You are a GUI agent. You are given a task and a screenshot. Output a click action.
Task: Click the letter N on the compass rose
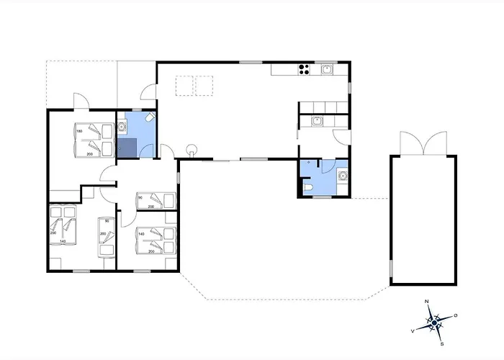427,301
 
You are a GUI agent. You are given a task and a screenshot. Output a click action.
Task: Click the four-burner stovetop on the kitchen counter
304,70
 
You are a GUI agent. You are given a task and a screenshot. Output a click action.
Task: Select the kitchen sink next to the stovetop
327,70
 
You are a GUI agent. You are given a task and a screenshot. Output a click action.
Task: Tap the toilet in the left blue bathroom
148,117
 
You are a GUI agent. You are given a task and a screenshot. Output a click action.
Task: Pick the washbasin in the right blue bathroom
342,173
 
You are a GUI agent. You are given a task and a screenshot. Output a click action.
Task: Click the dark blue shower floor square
126,148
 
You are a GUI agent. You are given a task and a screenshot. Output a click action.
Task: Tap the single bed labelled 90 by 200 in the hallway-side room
155,199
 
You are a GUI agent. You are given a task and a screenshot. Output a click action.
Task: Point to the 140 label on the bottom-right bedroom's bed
141,234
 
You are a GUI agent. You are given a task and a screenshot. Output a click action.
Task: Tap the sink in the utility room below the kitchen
317,122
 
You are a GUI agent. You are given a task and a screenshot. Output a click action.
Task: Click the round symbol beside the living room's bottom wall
192,150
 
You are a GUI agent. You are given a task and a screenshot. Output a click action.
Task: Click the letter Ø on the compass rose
455,315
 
